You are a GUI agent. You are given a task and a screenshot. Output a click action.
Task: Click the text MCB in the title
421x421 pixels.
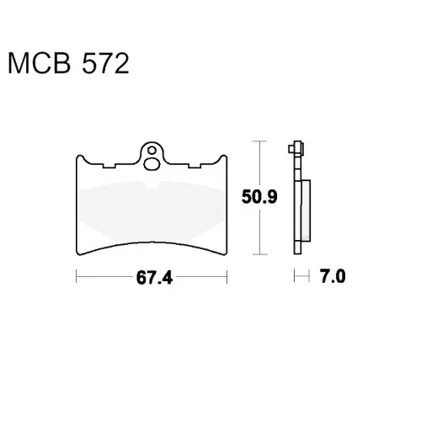pyautogui.click(x=40, y=64)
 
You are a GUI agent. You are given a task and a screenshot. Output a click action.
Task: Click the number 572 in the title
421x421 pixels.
pyautogui.click(x=105, y=64)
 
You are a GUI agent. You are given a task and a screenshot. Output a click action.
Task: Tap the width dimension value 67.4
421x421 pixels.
pyautogui.click(x=154, y=278)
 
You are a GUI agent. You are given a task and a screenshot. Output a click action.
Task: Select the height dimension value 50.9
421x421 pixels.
pyautogui.click(x=259, y=196)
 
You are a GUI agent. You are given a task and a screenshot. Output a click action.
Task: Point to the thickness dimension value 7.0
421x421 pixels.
pyautogui.click(x=333, y=277)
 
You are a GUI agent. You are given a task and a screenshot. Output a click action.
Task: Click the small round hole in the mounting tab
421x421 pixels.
pyautogui.click(x=152, y=151)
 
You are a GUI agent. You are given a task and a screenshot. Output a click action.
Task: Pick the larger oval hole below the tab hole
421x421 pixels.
pyautogui.click(x=152, y=164)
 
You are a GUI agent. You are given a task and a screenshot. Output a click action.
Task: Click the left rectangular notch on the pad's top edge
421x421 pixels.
pyautogui.click(x=109, y=166)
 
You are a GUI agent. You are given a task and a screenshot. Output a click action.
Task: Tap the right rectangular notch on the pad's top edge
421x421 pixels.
pyautogui.click(x=195, y=166)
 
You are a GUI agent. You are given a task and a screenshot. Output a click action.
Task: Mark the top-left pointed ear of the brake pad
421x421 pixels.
pyautogui.click(x=80, y=156)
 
